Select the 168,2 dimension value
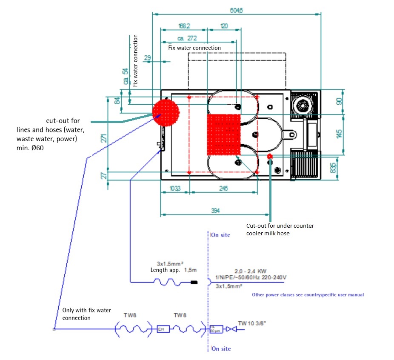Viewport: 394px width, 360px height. (184, 26)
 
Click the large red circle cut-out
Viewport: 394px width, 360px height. (166, 112)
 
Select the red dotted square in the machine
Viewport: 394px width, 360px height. (224, 134)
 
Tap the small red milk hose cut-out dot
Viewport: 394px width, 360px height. (270, 157)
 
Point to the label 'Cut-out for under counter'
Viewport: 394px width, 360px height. (280, 226)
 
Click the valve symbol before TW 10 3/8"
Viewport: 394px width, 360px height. (231, 329)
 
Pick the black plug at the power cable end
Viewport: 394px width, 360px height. (194, 282)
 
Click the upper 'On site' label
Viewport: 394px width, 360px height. (221, 234)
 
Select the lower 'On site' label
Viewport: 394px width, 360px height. (221, 349)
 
